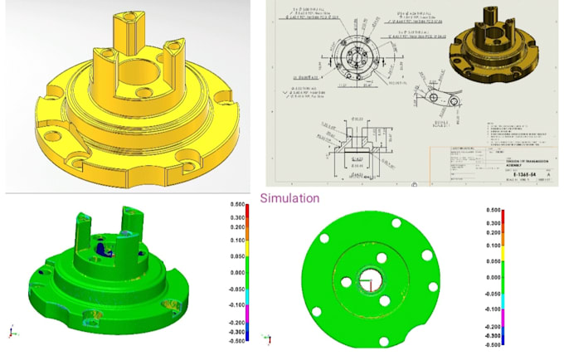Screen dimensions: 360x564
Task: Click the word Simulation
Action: (289, 199)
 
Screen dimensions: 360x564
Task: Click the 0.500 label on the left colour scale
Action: (237, 204)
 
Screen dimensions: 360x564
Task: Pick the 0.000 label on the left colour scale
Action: (237, 272)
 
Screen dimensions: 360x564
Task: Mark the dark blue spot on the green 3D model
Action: (100, 246)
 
